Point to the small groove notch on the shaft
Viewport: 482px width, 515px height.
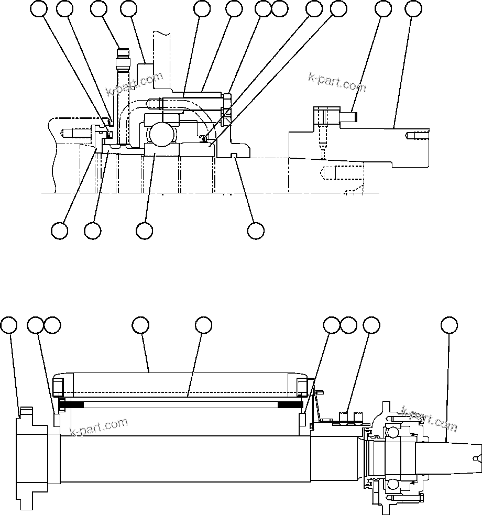point(234,155)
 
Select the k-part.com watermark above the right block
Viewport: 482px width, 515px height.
point(337,82)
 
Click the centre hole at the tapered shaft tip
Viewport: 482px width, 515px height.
point(476,459)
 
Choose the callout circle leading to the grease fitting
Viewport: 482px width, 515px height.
point(98,8)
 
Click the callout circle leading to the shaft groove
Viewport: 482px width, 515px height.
point(256,231)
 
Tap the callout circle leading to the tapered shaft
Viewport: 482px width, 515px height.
point(448,325)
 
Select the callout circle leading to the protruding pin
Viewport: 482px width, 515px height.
point(384,8)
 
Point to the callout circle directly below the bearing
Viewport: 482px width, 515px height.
point(144,231)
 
